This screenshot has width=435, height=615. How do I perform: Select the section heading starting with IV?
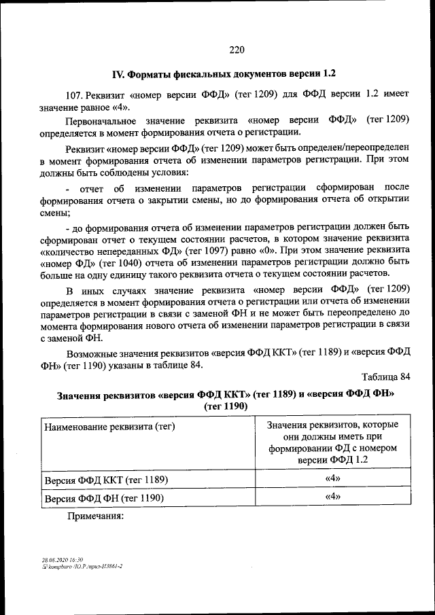click(224, 73)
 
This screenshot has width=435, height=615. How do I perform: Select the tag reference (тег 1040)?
click(138, 262)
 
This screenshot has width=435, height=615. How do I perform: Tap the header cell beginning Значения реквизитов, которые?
click(332, 442)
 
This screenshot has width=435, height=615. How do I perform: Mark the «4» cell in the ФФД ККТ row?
click(332, 479)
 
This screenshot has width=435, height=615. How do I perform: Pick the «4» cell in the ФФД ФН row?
click(332, 497)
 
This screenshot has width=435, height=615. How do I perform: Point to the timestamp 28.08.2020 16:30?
click(62, 559)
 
